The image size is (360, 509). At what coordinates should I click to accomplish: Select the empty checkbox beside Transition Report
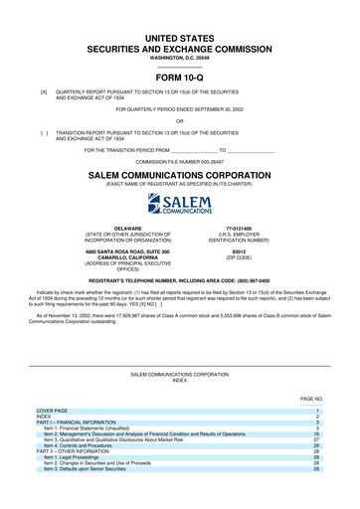[44, 131]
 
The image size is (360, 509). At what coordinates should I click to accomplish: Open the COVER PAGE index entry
[52, 410]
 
